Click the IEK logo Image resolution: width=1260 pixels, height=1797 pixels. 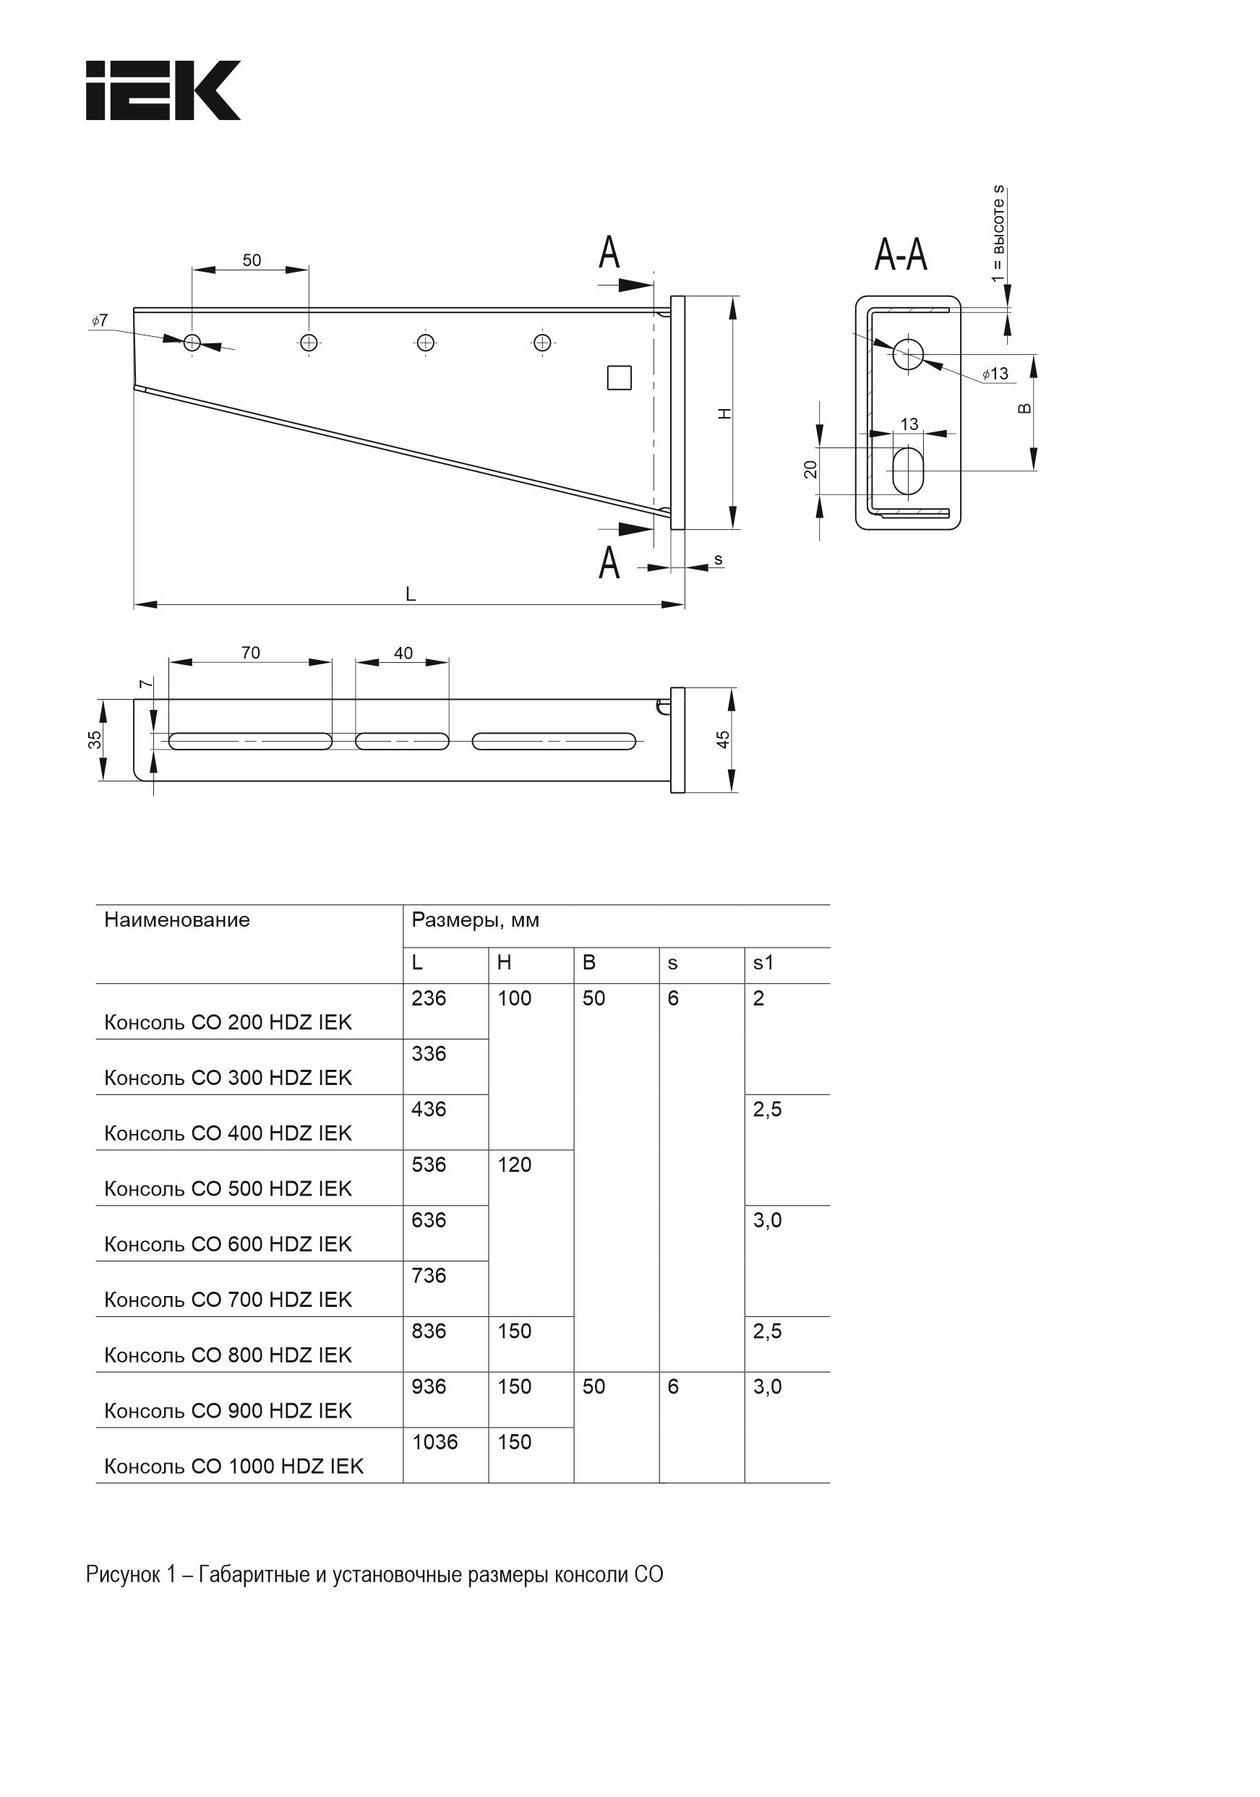[x=163, y=90]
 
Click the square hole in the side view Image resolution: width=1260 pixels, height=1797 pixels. [x=619, y=378]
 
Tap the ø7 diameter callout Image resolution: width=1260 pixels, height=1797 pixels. [x=99, y=320]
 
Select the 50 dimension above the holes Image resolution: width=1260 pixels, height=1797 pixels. [x=252, y=260]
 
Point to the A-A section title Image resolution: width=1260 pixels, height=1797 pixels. [x=901, y=254]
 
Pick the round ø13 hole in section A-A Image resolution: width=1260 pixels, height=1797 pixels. [x=908, y=353]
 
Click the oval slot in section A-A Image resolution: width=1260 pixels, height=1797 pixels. [x=908, y=471]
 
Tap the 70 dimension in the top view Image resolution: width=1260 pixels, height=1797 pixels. [x=250, y=653]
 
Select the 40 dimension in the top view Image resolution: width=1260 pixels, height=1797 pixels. [x=403, y=653]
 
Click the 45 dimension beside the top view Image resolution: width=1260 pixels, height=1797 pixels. [x=723, y=739]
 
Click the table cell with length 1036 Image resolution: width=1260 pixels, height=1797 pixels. [x=435, y=1441]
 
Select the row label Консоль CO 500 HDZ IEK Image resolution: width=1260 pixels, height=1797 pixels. [x=228, y=1188]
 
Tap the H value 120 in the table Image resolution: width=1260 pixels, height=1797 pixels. [x=514, y=1165]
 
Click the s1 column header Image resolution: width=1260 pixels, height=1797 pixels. [x=763, y=963]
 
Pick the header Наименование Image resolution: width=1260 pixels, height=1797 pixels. [x=177, y=919]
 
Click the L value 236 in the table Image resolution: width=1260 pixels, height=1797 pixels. [x=429, y=998]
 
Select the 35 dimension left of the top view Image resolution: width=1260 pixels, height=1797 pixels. [x=95, y=739]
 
